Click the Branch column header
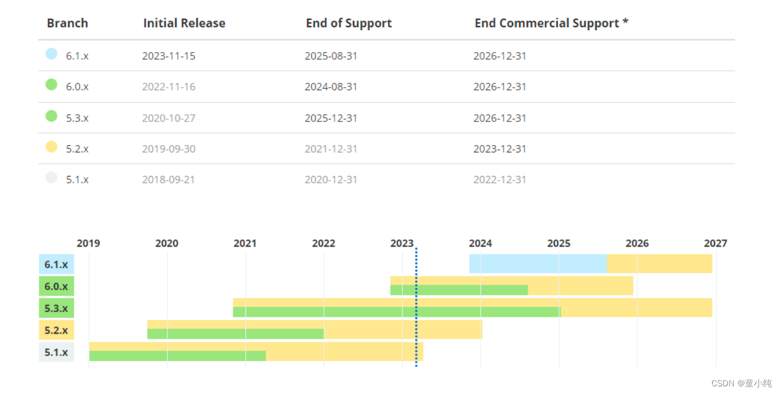click(67, 23)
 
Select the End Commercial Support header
click(551, 23)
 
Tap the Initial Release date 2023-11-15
click(169, 56)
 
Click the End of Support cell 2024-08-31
click(331, 86)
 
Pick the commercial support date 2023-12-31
click(500, 149)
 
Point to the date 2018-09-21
click(169, 180)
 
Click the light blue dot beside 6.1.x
click(51, 54)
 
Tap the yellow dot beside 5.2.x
click(51, 146)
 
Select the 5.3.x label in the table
click(77, 119)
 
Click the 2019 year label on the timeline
click(88, 243)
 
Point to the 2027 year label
click(716, 243)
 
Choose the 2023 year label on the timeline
click(401, 243)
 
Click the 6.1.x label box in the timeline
click(56, 264)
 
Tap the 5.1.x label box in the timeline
click(56, 352)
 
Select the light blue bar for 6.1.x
click(538, 264)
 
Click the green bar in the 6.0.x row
click(459, 290)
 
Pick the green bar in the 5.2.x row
click(235, 334)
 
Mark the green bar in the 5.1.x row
click(178, 356)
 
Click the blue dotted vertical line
click(416, 307)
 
